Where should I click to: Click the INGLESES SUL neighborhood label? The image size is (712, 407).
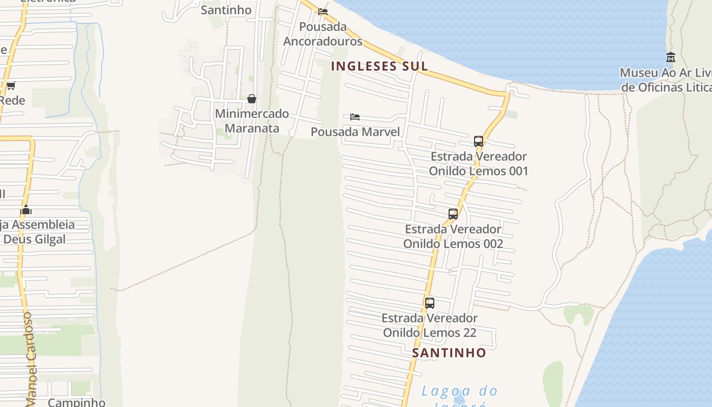click(379, 66)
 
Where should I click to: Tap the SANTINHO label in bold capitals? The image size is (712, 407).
click(449, 353)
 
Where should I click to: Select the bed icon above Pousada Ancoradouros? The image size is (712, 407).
click(323, 12)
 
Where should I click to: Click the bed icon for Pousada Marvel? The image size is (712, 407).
click(355, 117)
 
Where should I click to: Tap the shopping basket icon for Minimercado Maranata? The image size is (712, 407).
click(252, 99)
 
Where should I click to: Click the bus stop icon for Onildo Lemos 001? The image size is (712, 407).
click(479, 141)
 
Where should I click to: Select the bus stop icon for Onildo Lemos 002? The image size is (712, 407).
click(453, 214)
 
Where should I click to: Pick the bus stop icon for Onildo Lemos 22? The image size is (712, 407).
click(430, 303)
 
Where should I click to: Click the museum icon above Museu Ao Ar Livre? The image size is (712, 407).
click(670, 57)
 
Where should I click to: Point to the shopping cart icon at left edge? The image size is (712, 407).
click(11, 85)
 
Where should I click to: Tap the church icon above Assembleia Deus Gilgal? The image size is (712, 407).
click(26, 210)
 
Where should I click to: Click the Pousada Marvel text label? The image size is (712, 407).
click(355, 132)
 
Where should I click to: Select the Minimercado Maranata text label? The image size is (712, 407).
click(252, 121)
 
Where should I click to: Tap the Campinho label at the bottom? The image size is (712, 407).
click(76, 402)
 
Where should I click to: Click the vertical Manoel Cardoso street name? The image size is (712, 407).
click(29, 359)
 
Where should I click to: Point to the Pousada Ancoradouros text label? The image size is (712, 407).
click(322, 34)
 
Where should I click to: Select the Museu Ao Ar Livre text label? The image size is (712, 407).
click(665, 80)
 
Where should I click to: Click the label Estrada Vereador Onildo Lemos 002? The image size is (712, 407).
click(453, 236)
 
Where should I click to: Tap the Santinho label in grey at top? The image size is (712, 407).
click(226, 10)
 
